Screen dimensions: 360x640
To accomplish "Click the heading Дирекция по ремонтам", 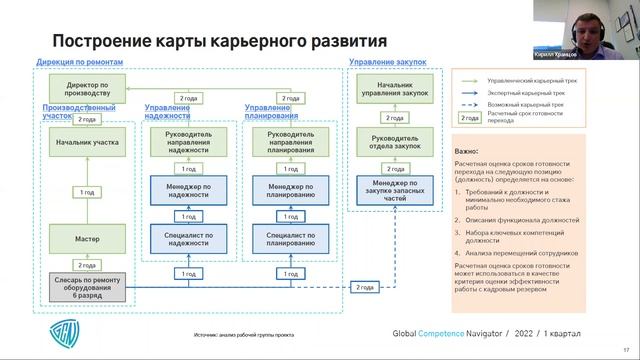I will [79, 62].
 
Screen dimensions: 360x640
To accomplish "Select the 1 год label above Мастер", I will [87, 191].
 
